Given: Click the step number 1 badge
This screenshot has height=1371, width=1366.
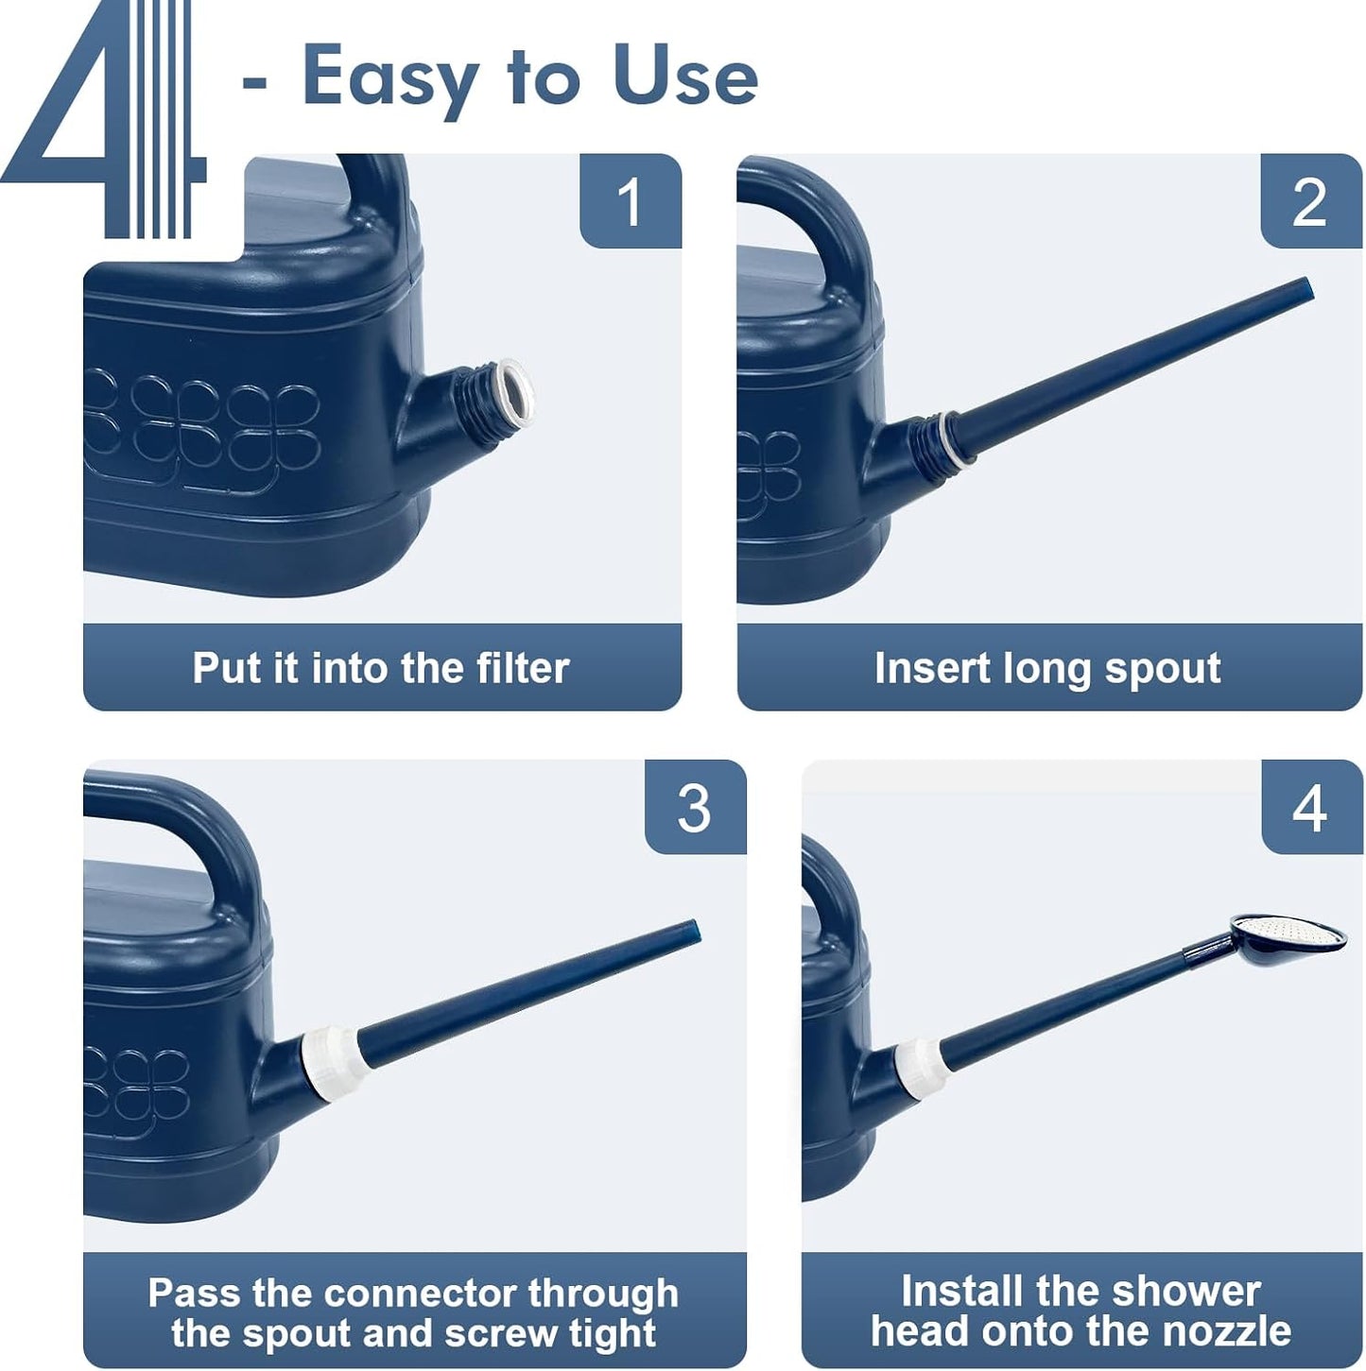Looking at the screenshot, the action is [x=631, y=201].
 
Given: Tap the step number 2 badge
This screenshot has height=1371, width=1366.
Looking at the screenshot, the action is [x=1310, y=201].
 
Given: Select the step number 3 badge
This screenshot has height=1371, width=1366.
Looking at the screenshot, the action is [x=695, y=807].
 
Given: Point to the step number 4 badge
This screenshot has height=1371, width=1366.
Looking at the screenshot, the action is [x=1311, y=807].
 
